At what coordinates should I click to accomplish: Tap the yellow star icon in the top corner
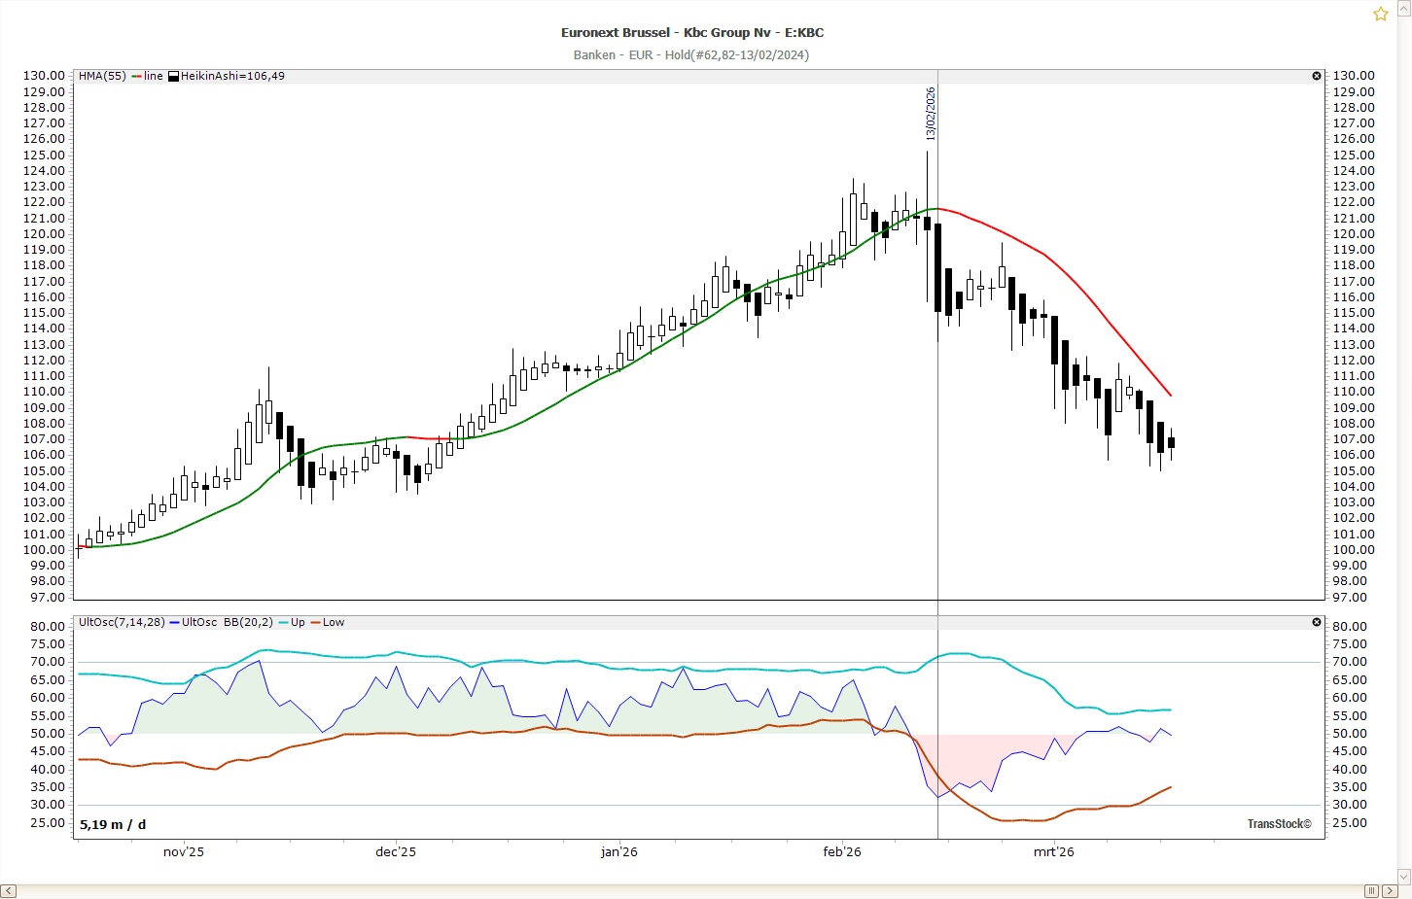[x=1380, y=14]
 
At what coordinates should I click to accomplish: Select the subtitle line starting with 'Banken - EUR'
[x=690, y=55]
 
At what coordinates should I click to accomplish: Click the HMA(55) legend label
[x=102, y=76]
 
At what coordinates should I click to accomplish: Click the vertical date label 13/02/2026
[x=931, y=114]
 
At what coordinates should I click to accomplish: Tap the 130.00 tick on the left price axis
[x=45, y=76]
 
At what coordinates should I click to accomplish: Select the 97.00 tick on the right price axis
[x=1353, y=598]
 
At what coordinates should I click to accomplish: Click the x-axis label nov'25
[x=184, y=852]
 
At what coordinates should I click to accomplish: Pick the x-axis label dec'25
[x=396, y=852]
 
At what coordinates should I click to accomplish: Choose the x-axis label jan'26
[x=619, y=852]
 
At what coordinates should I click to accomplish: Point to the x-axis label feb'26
[x=842, y=852]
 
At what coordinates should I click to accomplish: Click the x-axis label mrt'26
[x=1054, y=852]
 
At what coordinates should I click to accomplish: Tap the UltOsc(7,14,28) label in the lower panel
[x=122, y=622]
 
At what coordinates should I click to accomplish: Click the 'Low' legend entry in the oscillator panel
[x=333, y=622]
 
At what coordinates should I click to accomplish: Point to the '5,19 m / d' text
[x=113, y=825]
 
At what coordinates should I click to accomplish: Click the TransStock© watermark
[x=1279, y=824]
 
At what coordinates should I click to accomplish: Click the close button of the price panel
[x=1317, y=76]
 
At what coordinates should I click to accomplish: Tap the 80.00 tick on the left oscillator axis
[x=47, y=627]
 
